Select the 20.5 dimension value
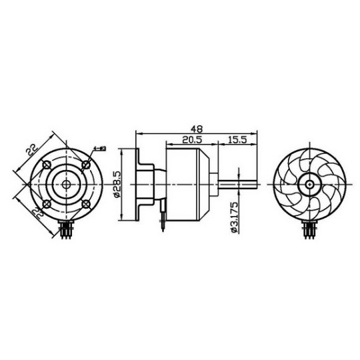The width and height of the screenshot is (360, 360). [191, 140]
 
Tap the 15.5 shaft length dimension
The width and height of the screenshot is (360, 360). [238, 140]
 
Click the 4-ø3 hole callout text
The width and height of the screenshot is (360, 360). [101, 150]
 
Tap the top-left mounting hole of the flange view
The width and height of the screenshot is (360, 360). [46, 164]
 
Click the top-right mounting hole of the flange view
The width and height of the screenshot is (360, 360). [86, 164]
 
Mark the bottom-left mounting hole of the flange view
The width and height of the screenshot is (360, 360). [46, 204]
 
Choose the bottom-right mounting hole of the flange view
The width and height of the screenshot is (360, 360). [86, 204]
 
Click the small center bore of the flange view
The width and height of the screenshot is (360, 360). [66, 184]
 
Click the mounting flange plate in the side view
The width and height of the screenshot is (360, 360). [139, 183]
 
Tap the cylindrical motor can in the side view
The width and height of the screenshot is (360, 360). [190, 183]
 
